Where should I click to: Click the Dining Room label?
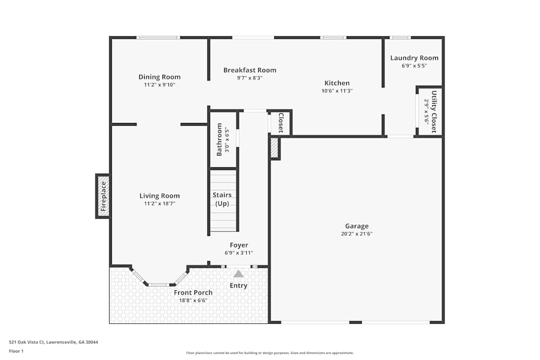point(159,77)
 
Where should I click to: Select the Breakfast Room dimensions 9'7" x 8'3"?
point(249,78)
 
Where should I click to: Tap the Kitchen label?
point(337,83)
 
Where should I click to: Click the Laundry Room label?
point(414,58)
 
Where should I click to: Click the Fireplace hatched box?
point(103,196)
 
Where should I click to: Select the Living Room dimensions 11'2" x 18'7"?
point(159,203)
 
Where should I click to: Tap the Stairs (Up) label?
point(223,199)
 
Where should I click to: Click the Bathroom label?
point(220,140)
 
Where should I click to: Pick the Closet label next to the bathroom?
point(281,123)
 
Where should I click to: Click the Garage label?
point(357,226)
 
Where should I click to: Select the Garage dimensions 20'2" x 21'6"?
point(357,234)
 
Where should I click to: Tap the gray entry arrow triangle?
point(239,274)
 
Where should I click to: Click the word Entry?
point(239,286)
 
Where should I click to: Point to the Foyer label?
point(239,245)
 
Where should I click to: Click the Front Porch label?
point(193,293)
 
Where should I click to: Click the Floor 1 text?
point(16,351)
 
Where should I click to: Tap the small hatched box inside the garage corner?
point(274,148)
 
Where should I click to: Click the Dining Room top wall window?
point(158,37)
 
